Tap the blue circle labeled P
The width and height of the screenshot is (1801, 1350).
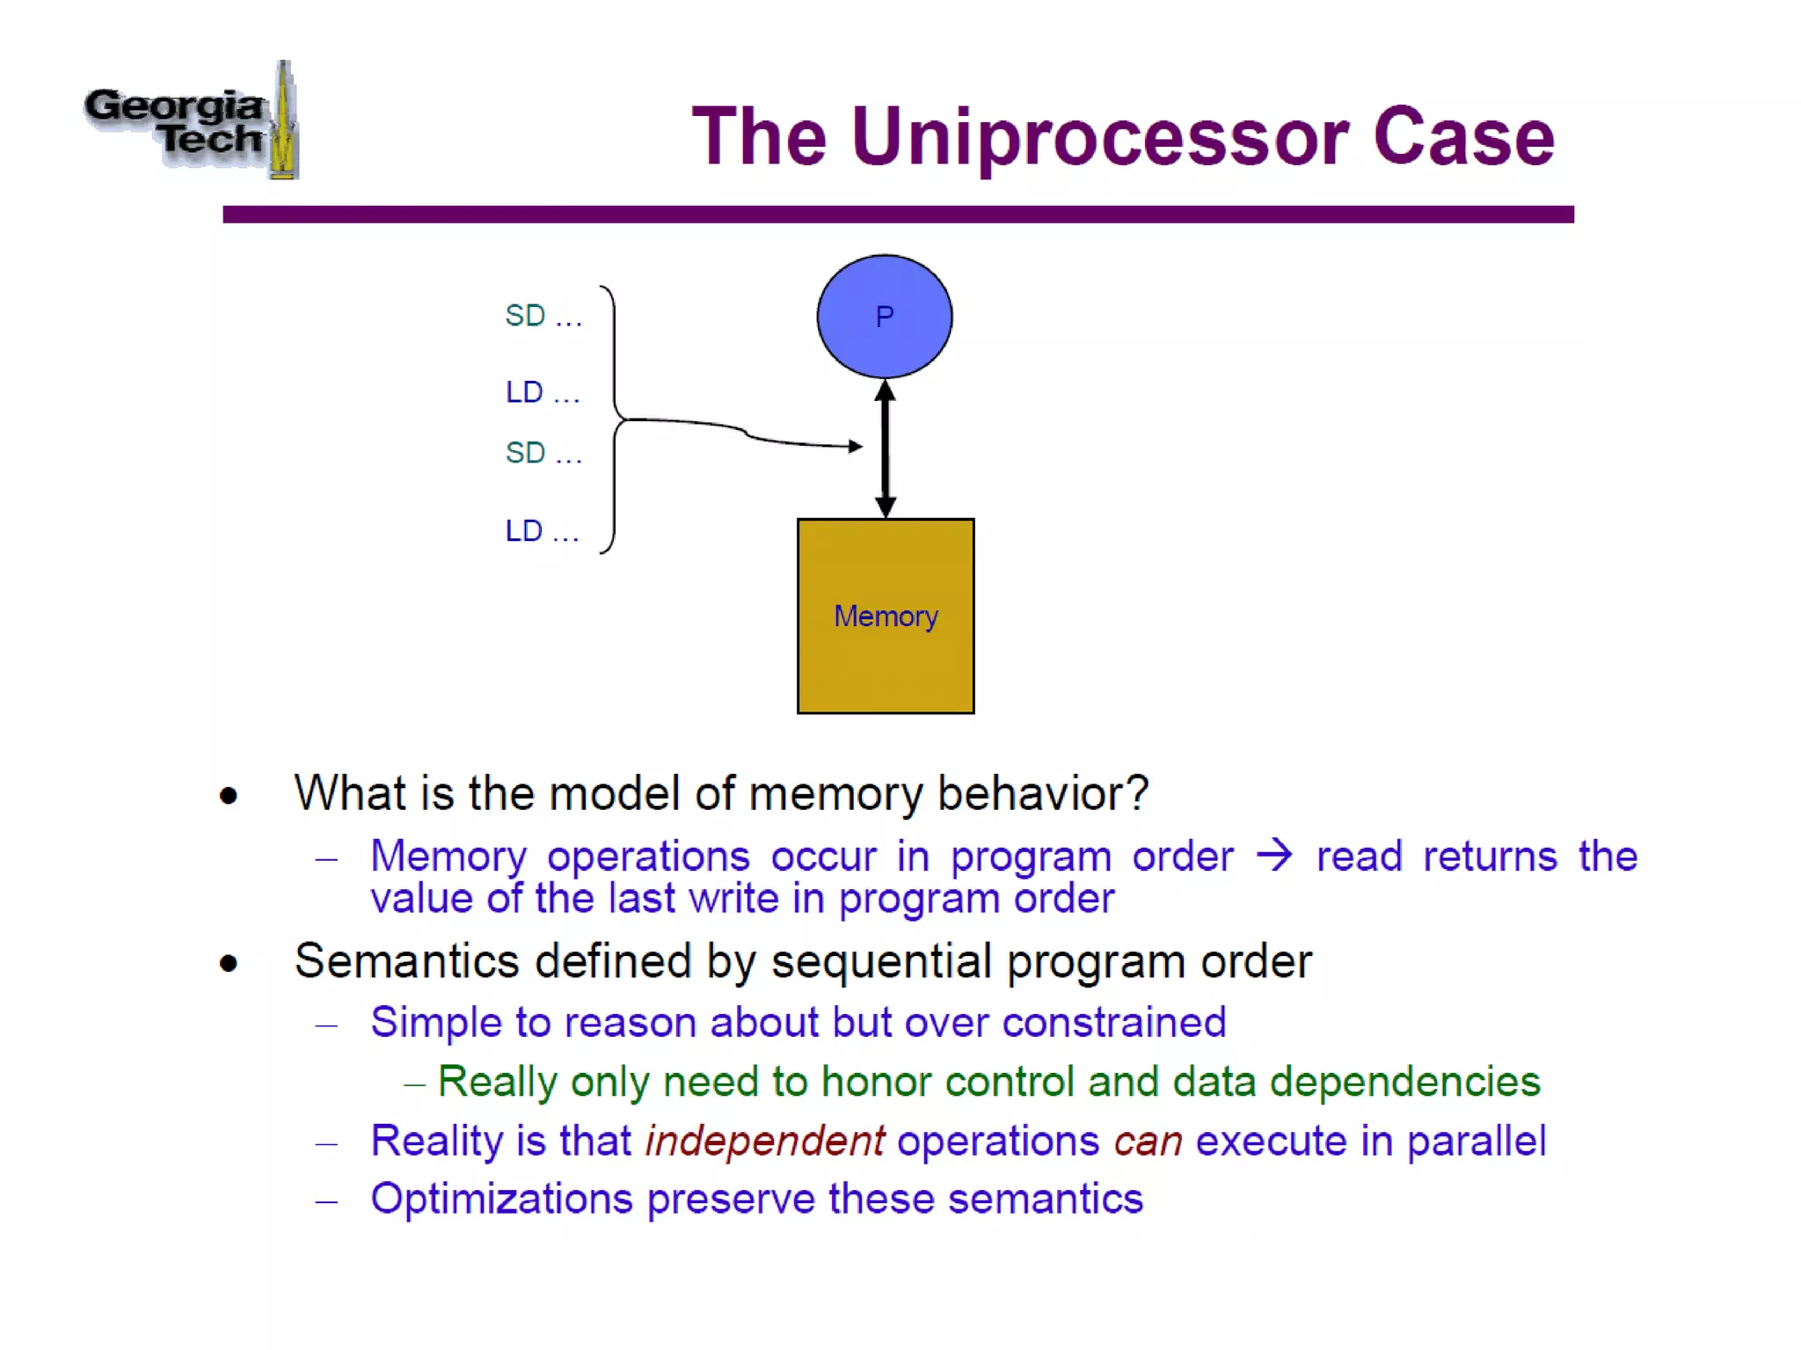pos(884,317)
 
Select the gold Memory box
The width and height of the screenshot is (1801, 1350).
pos(885,616)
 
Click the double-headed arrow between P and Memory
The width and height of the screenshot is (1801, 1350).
pos(885,449)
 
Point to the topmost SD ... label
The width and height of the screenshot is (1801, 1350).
pos(543,316)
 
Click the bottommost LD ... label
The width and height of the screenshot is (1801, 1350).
pos(542,531)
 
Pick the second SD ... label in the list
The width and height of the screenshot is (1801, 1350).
pos(543,453)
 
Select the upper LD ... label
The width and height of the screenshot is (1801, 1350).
pos(542,392)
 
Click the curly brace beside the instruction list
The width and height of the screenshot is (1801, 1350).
pos(613,420)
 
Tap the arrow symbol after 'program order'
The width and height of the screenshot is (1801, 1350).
pos(1274,855)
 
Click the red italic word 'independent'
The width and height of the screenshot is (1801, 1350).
pos(764,1141)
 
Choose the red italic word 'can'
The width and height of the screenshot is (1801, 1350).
pos(1148,1142)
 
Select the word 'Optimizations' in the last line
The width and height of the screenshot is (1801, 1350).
pos(501,1199)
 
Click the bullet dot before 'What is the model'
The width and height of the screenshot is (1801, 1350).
pos(229,796)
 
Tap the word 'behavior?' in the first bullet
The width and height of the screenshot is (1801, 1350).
pos(1042,793)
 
